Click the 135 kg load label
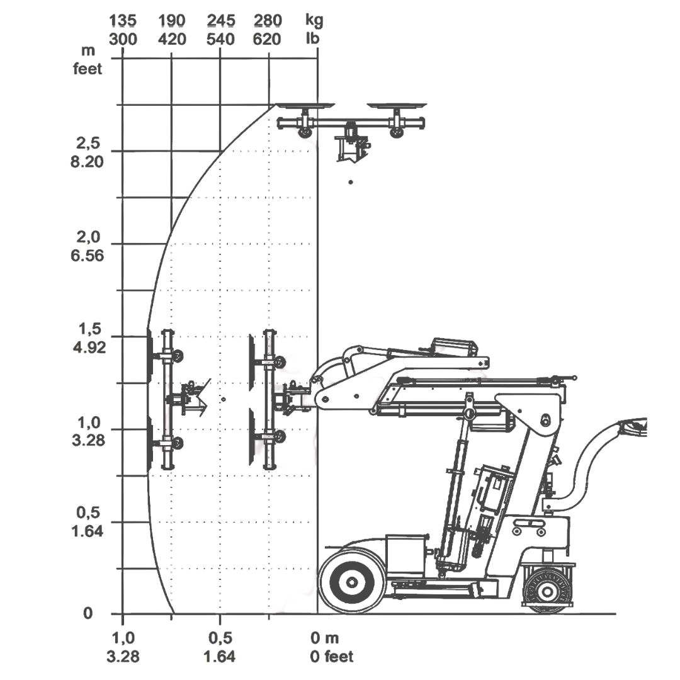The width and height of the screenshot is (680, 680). point(122,21)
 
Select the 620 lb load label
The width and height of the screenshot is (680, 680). point(268,39)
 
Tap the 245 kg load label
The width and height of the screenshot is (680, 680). point(220,21)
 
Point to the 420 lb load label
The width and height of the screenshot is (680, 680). point(172,39)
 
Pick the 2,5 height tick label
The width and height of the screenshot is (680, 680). point(88,142)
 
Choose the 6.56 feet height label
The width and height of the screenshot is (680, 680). point(88,256)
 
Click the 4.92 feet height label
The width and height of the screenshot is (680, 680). point(88,348)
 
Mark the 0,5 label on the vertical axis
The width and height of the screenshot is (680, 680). point(88,513)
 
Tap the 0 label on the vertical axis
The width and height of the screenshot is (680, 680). point(88,614)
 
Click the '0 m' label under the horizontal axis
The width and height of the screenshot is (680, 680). point(324,638)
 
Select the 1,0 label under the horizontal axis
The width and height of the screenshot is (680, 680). point(122,638)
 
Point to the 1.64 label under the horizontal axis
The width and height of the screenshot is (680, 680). point(220,657)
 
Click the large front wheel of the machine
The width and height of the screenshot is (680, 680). point(352,580)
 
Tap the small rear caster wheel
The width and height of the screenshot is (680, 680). point(547,591)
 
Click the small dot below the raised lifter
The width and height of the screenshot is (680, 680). point(351,182)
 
